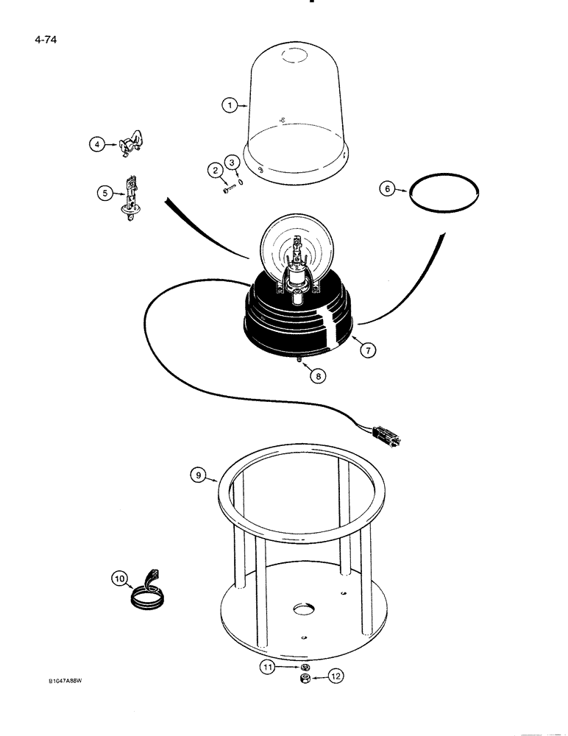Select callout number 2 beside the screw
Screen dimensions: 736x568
[x=216, y=171]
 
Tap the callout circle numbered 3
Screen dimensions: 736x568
[x=232, y=161]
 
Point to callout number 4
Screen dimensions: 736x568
[x=96, y=145]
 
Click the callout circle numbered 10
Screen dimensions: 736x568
[x=119, y=579]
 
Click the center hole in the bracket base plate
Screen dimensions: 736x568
[x=303, y=610]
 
